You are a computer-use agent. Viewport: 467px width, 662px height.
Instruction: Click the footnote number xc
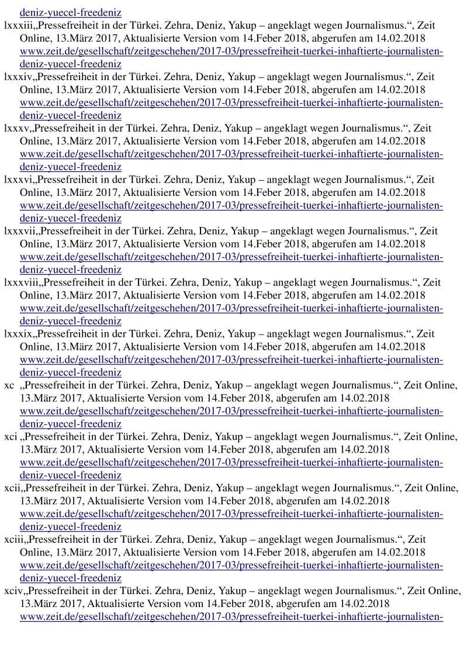tap(9, 386)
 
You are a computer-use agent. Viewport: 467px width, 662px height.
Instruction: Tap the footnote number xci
tap(11, 437)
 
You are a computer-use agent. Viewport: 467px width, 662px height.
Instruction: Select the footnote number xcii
tap(12, 489)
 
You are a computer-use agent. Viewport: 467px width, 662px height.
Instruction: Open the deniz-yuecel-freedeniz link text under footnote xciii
tap(70, 578)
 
